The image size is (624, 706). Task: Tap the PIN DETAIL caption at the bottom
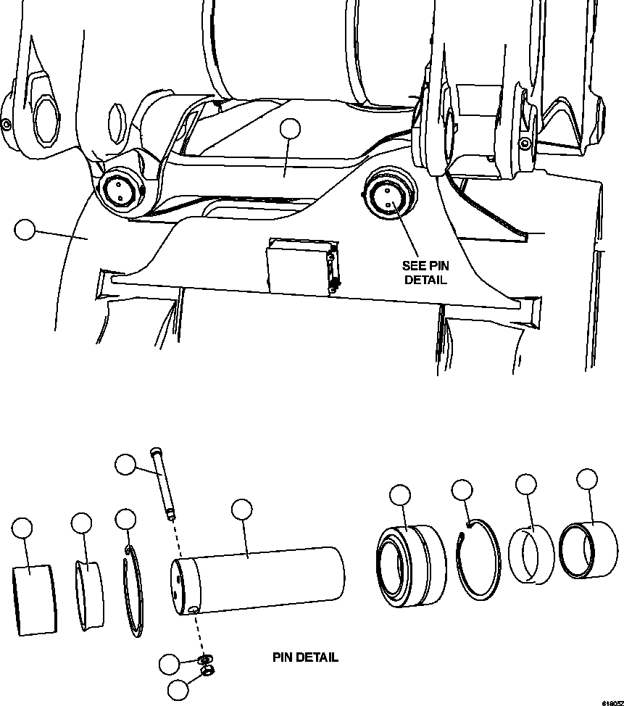[305, 657]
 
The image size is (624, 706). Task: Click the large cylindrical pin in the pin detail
[257, 580]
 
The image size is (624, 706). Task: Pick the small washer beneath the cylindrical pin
[206, 659]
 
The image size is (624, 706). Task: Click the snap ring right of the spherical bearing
[478, 561]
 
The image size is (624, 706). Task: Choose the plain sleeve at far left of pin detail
[35, 599]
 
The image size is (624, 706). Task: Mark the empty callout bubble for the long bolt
[126, 464]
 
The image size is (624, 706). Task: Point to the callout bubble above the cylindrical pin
[242, 510]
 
